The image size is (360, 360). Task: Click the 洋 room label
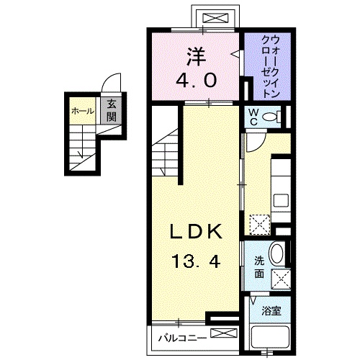coord(194,55)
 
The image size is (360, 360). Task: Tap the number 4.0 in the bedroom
coord(194,81)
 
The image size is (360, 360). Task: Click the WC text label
coord(253,117)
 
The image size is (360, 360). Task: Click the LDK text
coord(194,232)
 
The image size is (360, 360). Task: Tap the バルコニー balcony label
coord(179,336)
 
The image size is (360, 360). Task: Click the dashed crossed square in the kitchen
coord(258,223)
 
